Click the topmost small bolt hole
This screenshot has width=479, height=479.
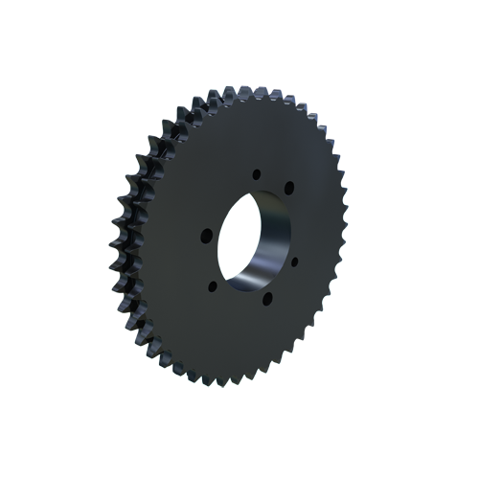256,173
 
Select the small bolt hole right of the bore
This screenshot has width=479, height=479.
294,261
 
